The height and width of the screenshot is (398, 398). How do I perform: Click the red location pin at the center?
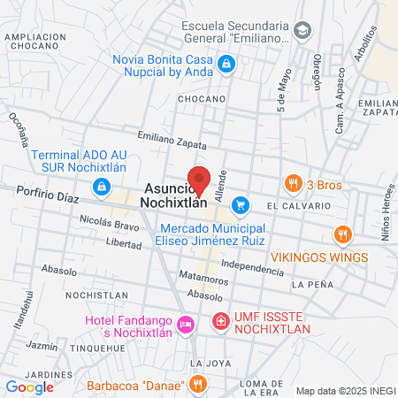(200, 180)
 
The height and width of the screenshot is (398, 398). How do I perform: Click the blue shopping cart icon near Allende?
(240, 205)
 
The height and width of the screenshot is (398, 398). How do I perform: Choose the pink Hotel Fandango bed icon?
(185, 325)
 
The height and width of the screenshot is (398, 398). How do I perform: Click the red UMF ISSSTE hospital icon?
(220, 321)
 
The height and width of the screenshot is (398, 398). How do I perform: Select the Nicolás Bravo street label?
(109, 225)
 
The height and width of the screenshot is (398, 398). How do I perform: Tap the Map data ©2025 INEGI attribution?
(344, 390)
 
